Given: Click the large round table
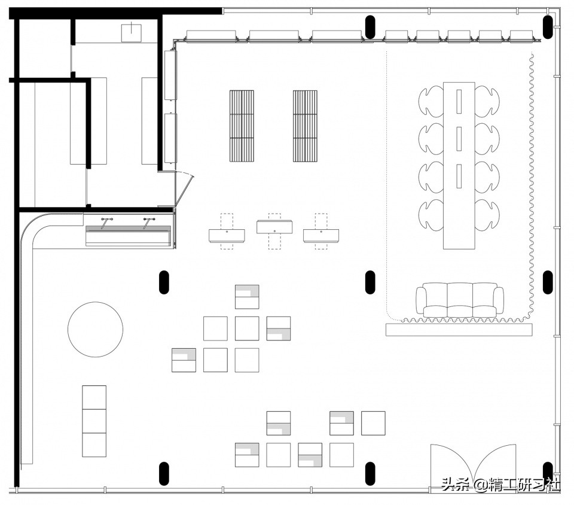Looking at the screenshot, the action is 95,329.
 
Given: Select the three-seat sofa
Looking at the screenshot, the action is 459,300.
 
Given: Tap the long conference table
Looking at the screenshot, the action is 459,166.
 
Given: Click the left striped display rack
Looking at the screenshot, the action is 242,126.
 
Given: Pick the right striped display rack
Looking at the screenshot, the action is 305,126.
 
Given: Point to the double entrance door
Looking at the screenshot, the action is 474,466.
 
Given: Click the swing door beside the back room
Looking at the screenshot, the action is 185,190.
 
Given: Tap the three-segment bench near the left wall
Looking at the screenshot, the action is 94,421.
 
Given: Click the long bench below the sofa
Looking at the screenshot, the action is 459,330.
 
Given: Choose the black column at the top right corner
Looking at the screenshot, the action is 548,27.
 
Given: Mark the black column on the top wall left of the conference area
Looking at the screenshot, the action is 370,27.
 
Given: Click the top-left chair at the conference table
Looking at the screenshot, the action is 431,101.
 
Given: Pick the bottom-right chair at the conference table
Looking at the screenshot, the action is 487,215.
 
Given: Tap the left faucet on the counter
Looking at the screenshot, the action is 106,223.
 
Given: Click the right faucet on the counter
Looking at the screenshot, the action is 148,223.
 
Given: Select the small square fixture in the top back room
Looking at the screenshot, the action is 131,32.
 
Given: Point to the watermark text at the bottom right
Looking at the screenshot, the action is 500,485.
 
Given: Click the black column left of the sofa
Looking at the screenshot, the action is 370,282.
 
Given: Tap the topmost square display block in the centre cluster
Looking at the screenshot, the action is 247,297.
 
